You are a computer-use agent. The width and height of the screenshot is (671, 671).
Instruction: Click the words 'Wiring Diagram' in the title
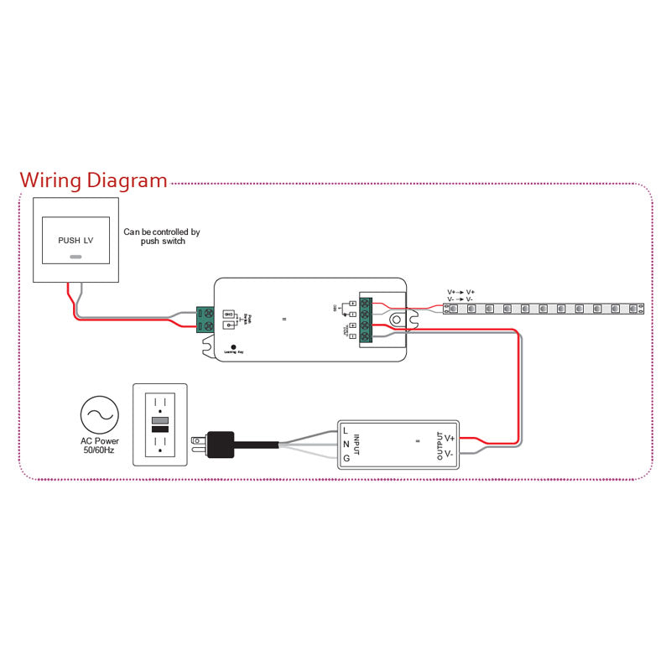(x=93, y=180)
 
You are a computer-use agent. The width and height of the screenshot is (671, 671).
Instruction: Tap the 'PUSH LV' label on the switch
(x=75, y=240)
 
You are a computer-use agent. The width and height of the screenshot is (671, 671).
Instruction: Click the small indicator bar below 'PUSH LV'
(x=75, y=257)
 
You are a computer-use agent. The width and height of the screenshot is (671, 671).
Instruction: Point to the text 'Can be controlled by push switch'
(x=162, y=237)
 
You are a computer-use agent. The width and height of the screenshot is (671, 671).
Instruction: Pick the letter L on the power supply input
(x=346, y=430)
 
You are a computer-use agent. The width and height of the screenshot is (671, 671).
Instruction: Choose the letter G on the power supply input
(x=346, y=459)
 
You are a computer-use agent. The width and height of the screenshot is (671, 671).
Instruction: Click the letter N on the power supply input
(x=346, y=445)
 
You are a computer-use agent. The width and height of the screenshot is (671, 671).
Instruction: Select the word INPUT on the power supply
(x=356, y=444)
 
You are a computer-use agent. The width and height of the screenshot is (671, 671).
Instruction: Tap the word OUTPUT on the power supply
(x=438, y=445)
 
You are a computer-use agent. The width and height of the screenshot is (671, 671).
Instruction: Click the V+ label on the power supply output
(x=450, y=438)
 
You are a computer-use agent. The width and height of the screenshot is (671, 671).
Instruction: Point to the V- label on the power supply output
(x=450, y=454)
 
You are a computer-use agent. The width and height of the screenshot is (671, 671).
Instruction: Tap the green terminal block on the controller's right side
(x=366, y=320)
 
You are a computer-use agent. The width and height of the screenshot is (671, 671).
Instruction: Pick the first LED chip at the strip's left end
(x=454, y=309)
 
